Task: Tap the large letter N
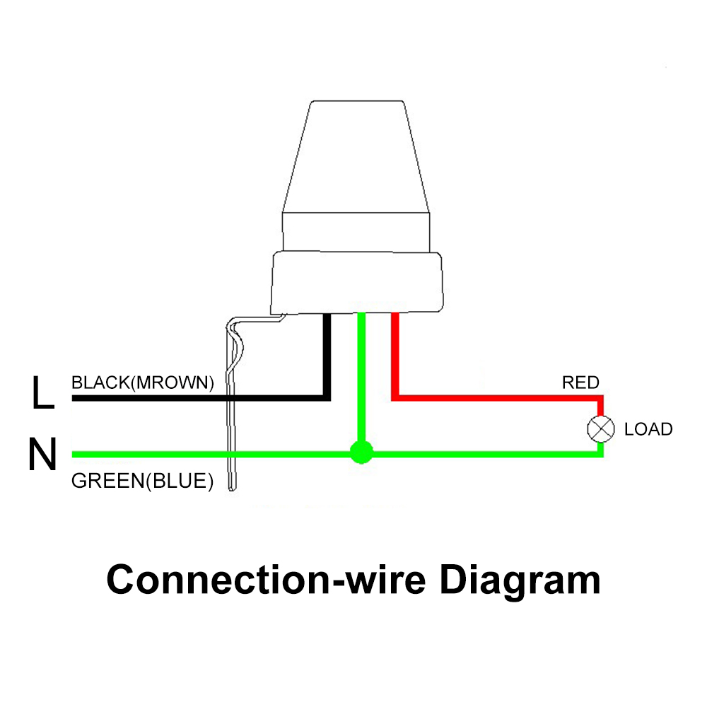[42, 455]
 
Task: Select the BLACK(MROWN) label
[142, 383]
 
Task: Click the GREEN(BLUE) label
[142, 482]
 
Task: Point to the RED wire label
[580, 383]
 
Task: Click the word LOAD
[648, 429]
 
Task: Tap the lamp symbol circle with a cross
[600, 428]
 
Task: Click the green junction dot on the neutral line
[361, 452]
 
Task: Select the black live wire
[198, 399]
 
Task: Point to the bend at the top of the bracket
[233, 325]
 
